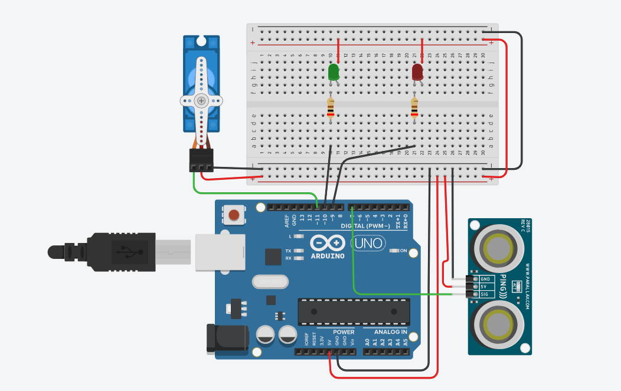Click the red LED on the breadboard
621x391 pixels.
tap(417, 73)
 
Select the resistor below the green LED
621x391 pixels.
tap(331, 108)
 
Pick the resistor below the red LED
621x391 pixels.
tap(414, 108)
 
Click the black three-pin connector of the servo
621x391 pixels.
tap(201, 159)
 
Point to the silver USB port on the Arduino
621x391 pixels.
tap(220, 252)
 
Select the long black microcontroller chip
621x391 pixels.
tap(354, 311)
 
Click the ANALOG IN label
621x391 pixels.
tap(391, 332)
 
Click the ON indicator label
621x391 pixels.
tap(404, 251)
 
